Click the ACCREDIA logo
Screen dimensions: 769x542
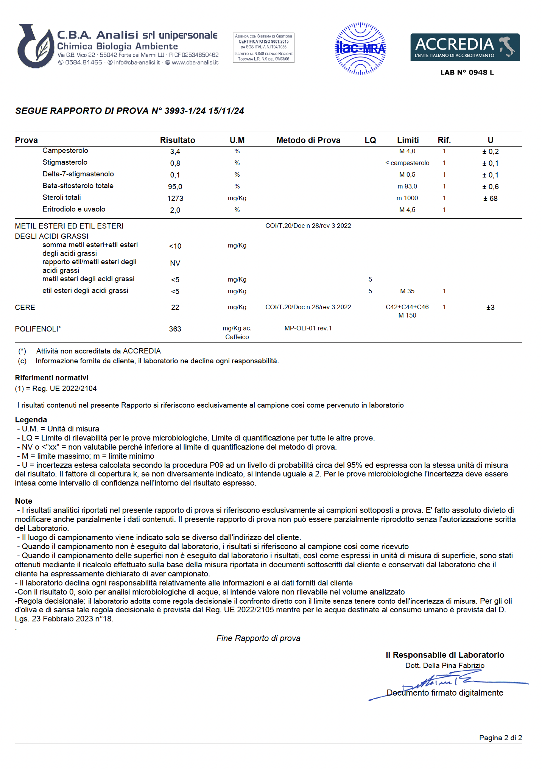465,47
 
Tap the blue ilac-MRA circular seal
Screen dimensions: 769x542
360,48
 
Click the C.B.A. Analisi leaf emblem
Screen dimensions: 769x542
36,47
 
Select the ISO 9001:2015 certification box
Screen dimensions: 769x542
263,48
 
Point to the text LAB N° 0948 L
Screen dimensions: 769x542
467,72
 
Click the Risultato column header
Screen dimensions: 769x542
178,140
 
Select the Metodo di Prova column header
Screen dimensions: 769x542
308,140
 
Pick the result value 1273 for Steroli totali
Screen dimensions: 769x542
175,198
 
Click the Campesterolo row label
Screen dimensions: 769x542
65,151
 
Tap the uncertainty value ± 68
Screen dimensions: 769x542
490,198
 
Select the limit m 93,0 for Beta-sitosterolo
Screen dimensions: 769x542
407,186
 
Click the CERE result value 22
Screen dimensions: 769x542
175,307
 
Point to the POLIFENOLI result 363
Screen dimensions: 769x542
175,329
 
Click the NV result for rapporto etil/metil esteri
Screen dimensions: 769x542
175,263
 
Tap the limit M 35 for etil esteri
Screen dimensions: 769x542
407,291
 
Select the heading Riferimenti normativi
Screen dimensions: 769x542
51,378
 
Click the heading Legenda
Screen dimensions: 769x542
31,419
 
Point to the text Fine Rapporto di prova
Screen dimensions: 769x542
258,638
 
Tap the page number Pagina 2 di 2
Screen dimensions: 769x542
500,738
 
